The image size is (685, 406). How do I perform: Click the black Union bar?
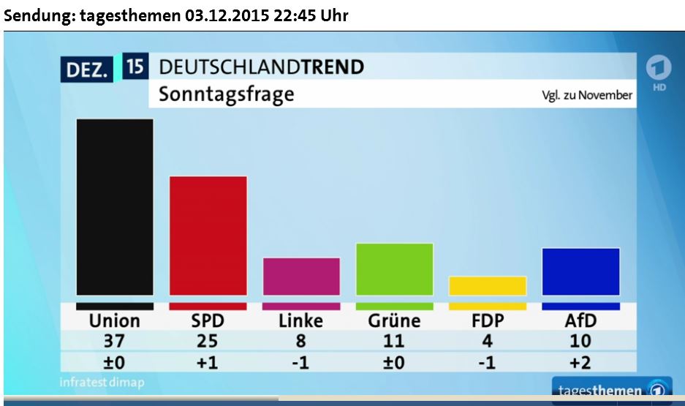tap(115, 206)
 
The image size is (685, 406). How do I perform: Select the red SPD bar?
tap(208, 235)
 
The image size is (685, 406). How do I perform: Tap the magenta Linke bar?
tap(301, 276)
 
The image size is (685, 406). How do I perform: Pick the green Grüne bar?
tap(394, 268)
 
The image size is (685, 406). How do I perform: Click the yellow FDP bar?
tap(487, 285)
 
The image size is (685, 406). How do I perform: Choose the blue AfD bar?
tap(580, 271)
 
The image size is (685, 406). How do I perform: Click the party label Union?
tap(115, 320)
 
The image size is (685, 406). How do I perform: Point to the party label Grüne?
tap(394, 320)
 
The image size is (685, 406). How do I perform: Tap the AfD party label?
tap(580, 320)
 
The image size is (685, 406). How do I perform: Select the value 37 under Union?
tap(115, 341)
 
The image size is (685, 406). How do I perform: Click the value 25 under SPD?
tap(208, 341)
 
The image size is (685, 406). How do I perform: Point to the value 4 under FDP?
tap(487, 341)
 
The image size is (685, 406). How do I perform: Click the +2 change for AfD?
tap(580, 362)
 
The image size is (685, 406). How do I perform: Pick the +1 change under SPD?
tap(208, 362)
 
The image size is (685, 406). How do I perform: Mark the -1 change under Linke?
tap(301, 362)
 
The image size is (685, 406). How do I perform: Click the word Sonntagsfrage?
tap(227, 94)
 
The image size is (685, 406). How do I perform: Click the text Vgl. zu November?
tap(587, 95)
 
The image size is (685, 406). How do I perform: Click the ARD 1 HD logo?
tap(659, 73)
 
